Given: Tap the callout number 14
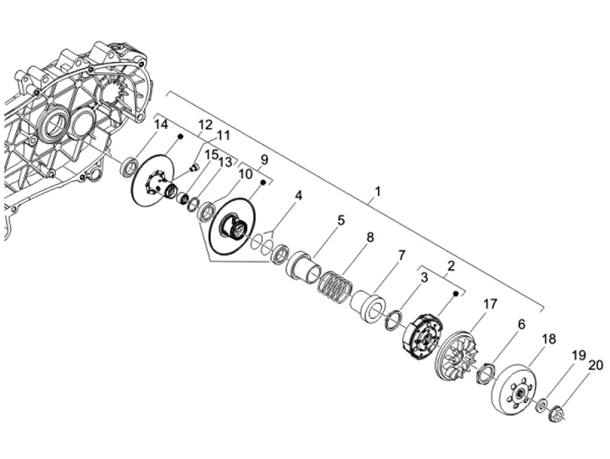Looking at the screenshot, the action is (161, 125).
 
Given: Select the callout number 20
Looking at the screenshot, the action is (596, 366).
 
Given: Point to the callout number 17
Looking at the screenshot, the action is (491, 305).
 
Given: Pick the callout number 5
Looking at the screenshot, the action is (341, 220).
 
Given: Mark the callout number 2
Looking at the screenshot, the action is (452, 266).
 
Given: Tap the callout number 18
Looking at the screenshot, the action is (549, 339).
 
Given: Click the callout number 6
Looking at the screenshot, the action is (521, 323).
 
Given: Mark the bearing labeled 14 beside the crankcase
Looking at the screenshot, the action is (130, 165).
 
